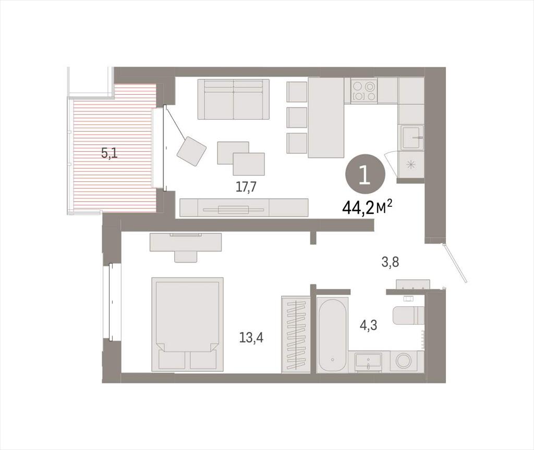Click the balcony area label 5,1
click(x=110, y=154)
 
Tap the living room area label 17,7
click(x=246, y=187)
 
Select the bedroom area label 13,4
click(x=251, y=338)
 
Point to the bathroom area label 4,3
click(x=369, y=326)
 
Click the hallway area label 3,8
click(x=390, y=262)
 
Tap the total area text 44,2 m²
click(x=368, y=207)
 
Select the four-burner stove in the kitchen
click(x=364, y=91)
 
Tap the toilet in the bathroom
click(x=408, y=316)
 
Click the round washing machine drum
click(x=403, y=361)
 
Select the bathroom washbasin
click(x=368, y=361)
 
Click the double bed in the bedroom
click(x=188, y=324)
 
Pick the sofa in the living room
click(x=234, y=99)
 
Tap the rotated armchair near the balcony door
click(x=192, y=152)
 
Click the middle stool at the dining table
click(x=297, y=117)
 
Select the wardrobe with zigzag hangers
click(x=296, y=335)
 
